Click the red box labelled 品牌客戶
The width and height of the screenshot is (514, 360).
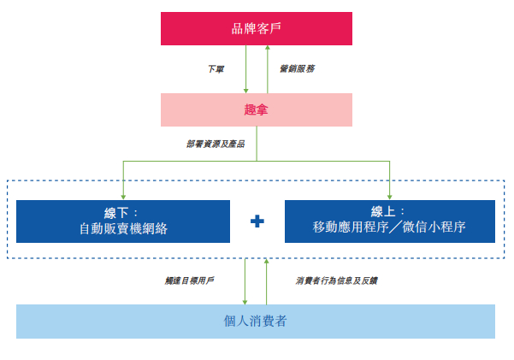pos(257,28)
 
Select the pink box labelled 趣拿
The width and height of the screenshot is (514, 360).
pos(257,109)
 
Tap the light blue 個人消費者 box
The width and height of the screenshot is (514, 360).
pos(257,321)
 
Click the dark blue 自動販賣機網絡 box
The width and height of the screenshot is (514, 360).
pos(123,221)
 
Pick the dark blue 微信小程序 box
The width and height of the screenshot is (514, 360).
pos(389,221)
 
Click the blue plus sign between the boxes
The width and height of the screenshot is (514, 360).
pos(257,221)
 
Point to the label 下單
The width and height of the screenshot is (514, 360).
pos(216,68)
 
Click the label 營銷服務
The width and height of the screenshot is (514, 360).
pos(297,68)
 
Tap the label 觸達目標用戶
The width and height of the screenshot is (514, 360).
pos(190,280)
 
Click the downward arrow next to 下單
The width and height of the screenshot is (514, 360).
pos(246,69)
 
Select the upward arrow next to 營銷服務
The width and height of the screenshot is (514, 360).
pos(267,68)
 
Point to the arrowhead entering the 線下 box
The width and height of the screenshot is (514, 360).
pos(123,195)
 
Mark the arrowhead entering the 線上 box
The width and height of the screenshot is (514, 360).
pos(389,195)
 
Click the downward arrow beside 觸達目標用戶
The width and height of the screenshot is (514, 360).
pos(245,280)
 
